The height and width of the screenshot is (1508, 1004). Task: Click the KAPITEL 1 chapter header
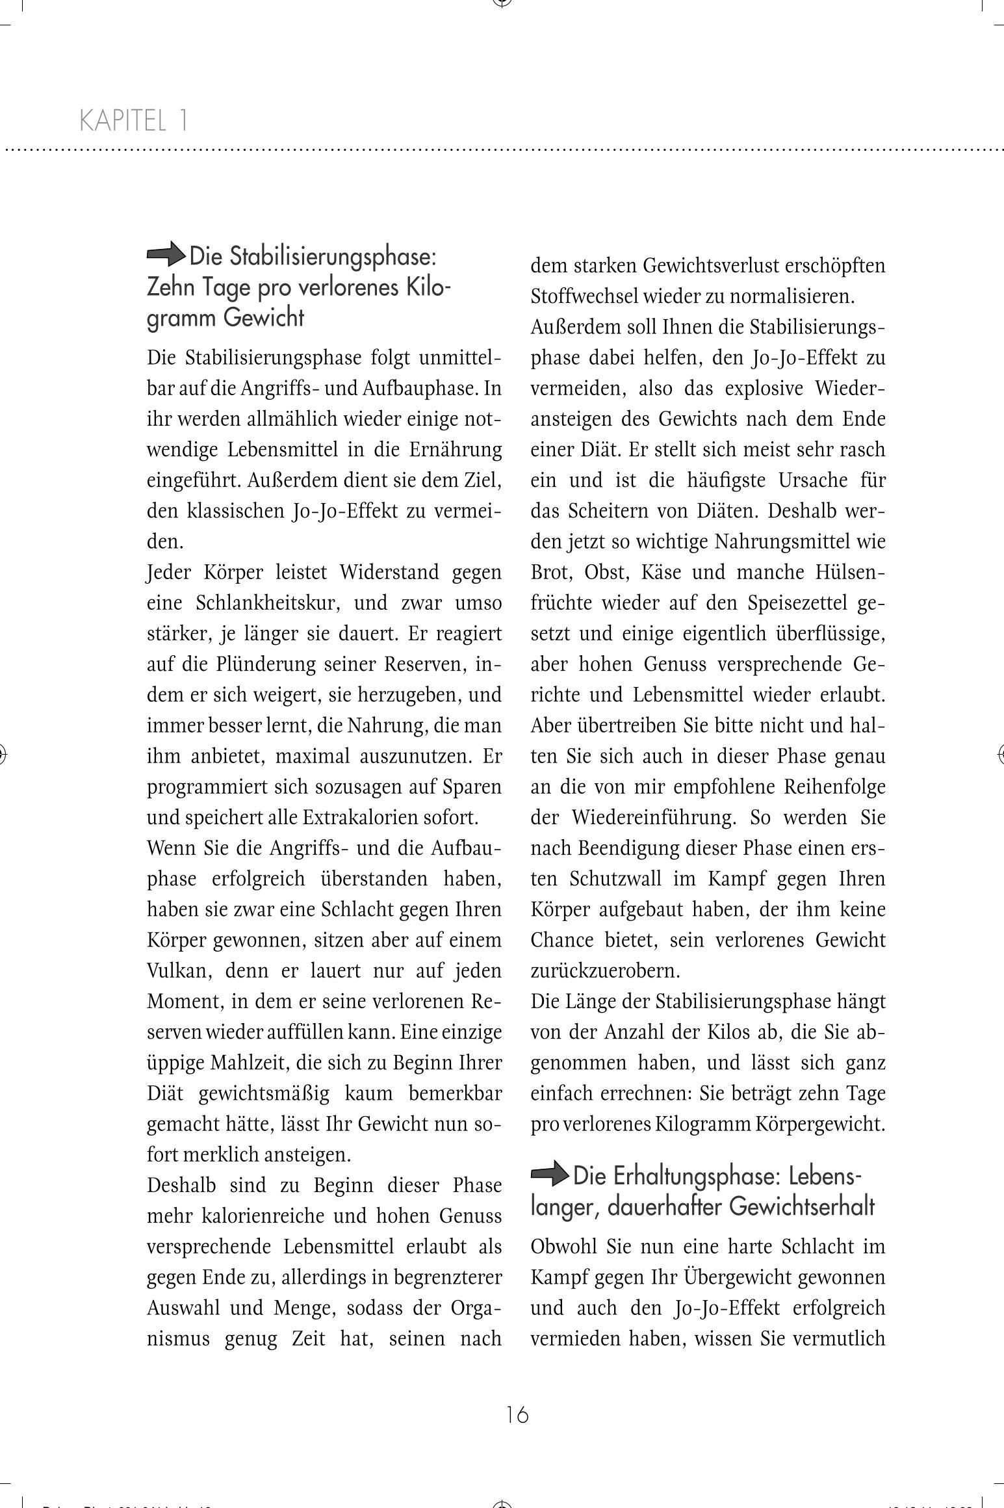coord(133,121)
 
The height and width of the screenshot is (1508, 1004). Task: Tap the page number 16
coord(517,1414)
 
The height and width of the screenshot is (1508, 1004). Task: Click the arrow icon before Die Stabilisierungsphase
coord(166,254)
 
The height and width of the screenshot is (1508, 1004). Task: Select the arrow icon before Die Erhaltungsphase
coord(550,1175)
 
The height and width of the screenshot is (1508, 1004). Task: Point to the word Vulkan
coord(177,970)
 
